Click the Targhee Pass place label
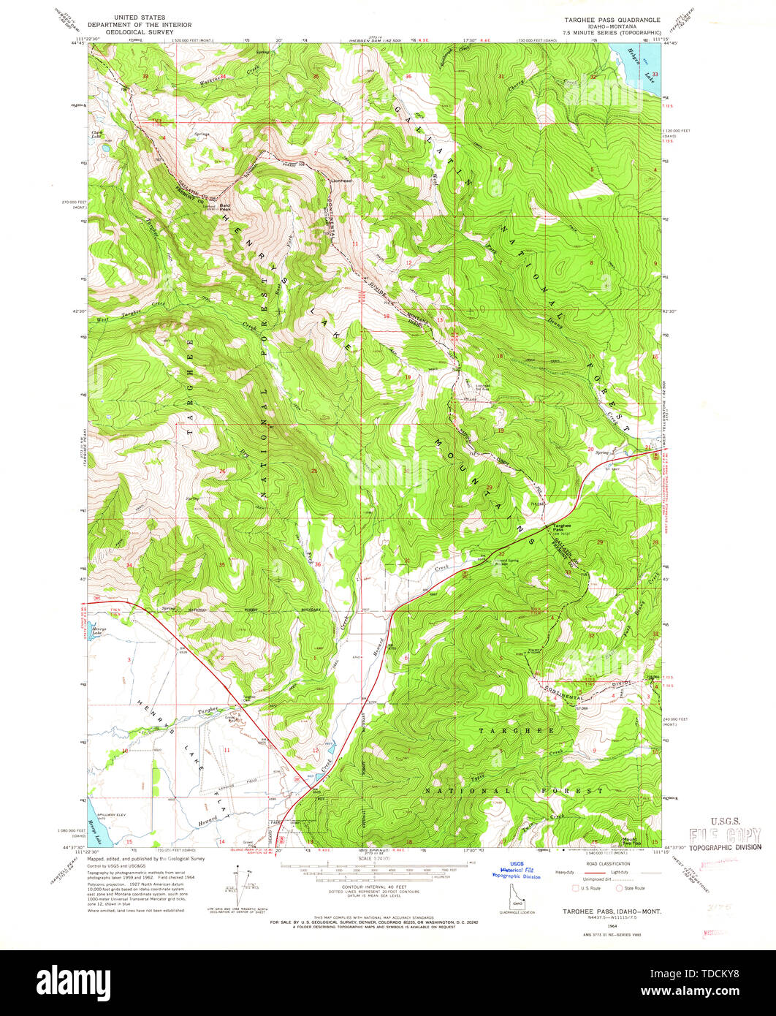(562, 527)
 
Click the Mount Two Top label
(629, 840)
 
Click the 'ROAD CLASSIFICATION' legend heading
(605, 863)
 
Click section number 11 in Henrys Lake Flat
(227, 751)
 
